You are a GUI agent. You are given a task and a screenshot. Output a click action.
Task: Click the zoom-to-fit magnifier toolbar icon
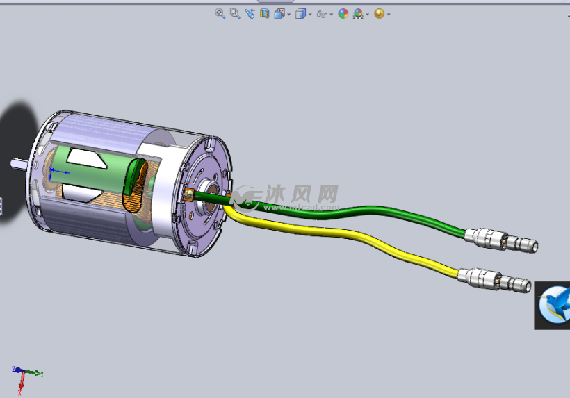click(220, 13)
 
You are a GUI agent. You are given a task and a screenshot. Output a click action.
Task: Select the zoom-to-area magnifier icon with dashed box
click(235, 13)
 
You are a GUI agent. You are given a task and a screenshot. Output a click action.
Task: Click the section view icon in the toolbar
click(264, 13)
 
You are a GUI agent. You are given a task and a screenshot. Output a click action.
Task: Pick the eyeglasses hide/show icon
click(322, 14)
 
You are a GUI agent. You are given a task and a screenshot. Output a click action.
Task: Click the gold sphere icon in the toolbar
click(379, 13)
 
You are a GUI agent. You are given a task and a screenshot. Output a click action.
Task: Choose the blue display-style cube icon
click(300, 13)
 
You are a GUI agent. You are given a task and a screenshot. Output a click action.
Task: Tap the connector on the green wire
click(500, 240)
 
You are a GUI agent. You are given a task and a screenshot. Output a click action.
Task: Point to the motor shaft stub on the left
click(19, 164)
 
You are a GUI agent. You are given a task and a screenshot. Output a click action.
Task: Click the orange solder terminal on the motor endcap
click(188, 195)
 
